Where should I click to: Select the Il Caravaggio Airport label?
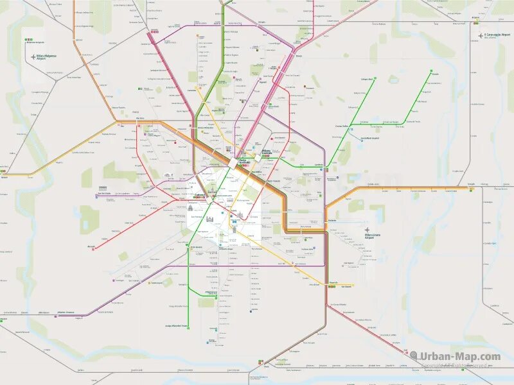(x=496, y=36)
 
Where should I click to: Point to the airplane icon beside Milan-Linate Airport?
(x=367, y=230)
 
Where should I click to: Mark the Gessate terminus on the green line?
(x=435, y=74)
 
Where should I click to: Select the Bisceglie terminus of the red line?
(x=91, y=246)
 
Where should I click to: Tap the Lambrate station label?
(x=319, y=165)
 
